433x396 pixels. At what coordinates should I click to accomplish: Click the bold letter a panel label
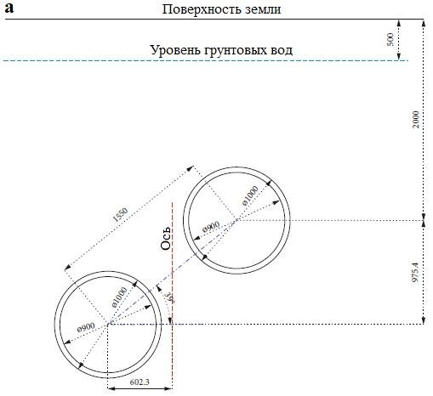tap(9, 8)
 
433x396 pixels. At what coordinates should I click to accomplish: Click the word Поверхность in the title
tap(202, 9)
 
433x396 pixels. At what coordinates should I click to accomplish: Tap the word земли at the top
tap(263, 9)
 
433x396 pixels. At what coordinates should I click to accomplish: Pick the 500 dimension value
tap(390, 39)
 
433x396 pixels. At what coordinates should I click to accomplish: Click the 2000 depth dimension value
tap(415, 119)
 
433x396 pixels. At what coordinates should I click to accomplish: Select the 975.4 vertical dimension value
tap(415, 272)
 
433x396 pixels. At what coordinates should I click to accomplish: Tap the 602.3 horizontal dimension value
tap(140, 382)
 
